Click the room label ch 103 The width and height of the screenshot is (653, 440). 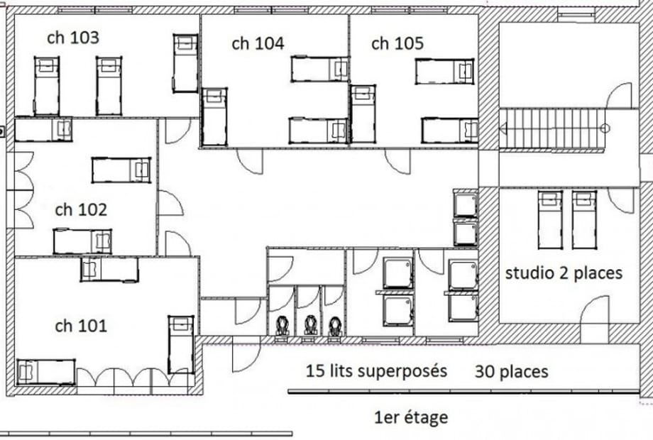tap(73, 38)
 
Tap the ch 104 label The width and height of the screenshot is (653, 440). tap(258, 43)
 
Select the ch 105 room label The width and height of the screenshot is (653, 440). tap(397, 43)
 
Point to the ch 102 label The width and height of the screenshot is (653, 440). tap(81, 209)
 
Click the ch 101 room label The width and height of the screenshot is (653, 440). tap(81, 326)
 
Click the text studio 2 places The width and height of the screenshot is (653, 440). tap(564, 273)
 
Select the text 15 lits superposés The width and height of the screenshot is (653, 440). tap(376, 371)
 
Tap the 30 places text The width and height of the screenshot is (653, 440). tap(512, 371)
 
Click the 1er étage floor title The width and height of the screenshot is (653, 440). tap(411, 417)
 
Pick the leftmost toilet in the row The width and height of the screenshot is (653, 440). tap(283, 325)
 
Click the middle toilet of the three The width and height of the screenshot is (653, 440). tap(309, 325)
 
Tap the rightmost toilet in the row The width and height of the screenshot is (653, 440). tap(335, 326)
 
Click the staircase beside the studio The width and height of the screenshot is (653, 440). tap(552, 128)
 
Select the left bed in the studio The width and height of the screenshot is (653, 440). tap(550, 220)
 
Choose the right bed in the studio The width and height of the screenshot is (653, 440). tap(584, 220)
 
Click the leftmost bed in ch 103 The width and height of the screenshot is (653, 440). tap(46, 86)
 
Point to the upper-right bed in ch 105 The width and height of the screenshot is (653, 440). tap(445, 71)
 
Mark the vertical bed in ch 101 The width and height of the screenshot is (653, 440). tap(181, 345)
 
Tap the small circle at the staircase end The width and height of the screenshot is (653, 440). tap(605, 128)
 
